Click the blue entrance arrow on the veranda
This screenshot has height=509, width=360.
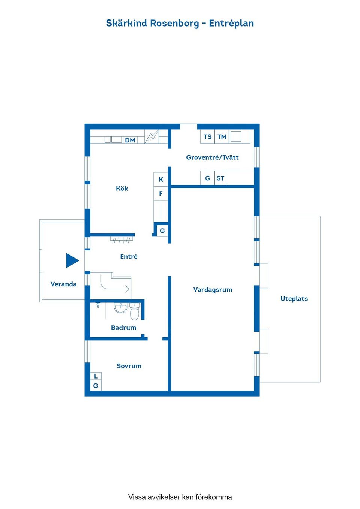[x=72, y=260]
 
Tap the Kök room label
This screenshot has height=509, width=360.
[x=122, y=188]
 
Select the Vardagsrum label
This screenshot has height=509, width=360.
[x=213, y=290]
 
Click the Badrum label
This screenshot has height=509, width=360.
[x=123, y=328]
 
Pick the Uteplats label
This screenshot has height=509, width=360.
[x=294, y=299]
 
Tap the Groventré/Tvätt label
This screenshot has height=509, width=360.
[x=212, y=157]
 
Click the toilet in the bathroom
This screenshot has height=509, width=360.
[x=134, y=311]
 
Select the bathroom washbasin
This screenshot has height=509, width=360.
[x=120, y=308]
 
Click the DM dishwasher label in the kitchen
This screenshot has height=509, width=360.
[x=130, y=140]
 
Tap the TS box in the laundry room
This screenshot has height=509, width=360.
[x=207, y=136]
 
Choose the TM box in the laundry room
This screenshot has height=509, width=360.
[x=222, y=136]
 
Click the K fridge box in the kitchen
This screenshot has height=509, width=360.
[x=160, y=180]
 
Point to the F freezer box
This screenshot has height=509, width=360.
[x=160, y=194]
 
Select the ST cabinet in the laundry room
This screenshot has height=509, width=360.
[x=220, y=178]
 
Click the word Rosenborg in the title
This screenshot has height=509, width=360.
[x=174, y=23]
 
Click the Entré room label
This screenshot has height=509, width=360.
[x=129, y=256]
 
